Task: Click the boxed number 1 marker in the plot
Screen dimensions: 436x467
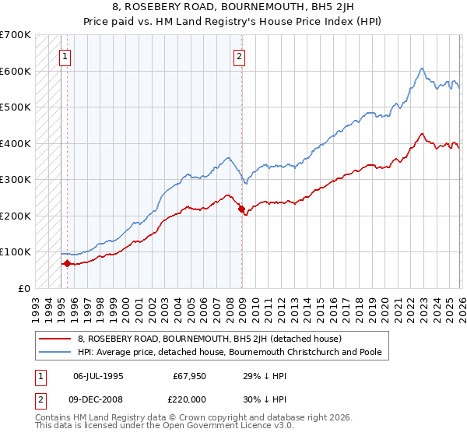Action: click(65, 55)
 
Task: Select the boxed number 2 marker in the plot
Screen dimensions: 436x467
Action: click(239, 55)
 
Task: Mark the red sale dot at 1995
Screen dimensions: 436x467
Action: click(67, 263)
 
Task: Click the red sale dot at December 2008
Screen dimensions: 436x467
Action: click(241, 209)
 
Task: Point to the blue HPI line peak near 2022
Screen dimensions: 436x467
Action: click(420, 69)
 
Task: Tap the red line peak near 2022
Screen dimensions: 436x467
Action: click(420, 134)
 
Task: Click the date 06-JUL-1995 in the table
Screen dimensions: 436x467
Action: click(98, 375)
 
